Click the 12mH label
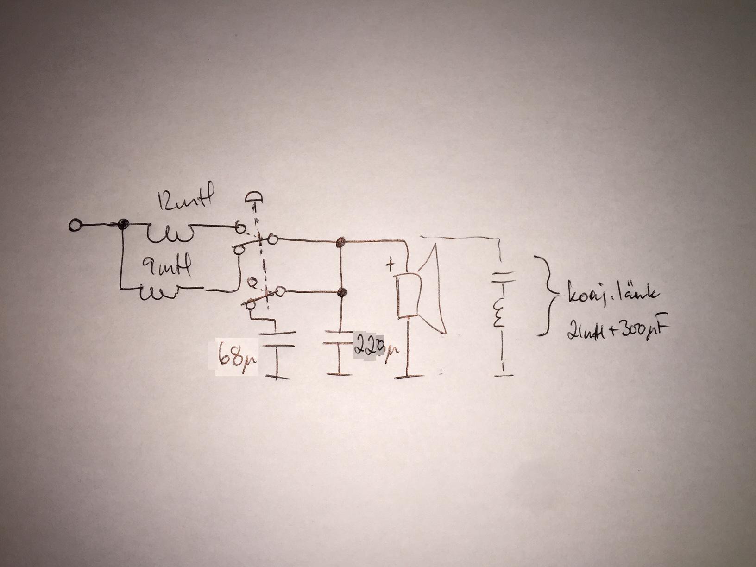click(x=184, y=202)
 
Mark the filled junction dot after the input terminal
click(x=123, y=225)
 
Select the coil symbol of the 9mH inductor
click(x=157, y=292)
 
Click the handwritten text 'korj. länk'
click(x=609, y=295)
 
